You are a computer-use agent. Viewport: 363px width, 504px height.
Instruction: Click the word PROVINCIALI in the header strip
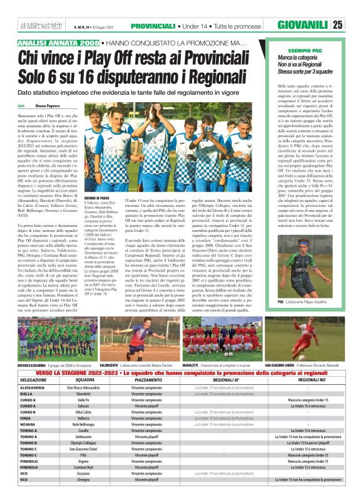click(x=153, y=26)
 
